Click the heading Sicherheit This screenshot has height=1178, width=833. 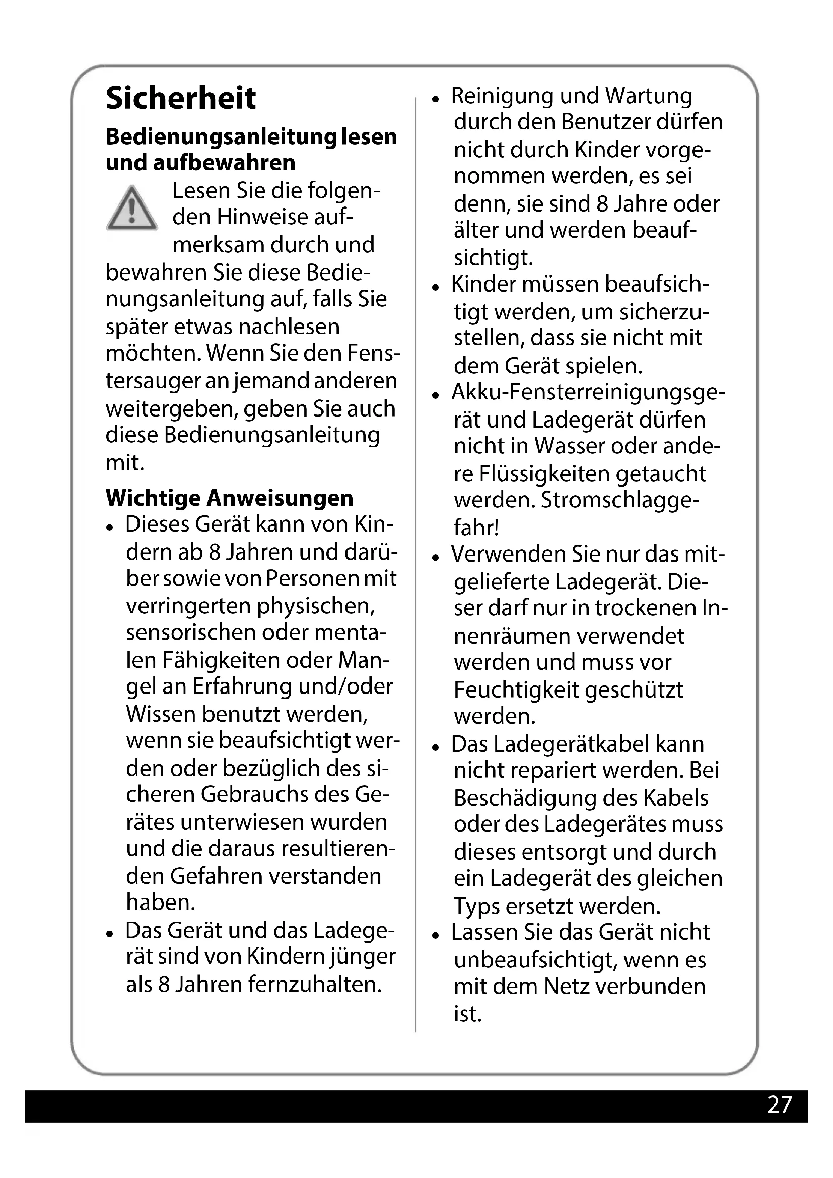(181, 98)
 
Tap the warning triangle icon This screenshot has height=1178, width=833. (131, 209)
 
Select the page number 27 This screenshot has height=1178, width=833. (779, 1104)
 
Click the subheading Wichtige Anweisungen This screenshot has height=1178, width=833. (229, 498)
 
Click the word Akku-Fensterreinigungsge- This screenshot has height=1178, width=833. (588, 392)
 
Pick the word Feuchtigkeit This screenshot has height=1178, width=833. (516, 690)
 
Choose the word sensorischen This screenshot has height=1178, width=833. (191, 632)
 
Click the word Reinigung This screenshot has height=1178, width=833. (502, 96)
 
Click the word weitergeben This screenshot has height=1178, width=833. (171, 409)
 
